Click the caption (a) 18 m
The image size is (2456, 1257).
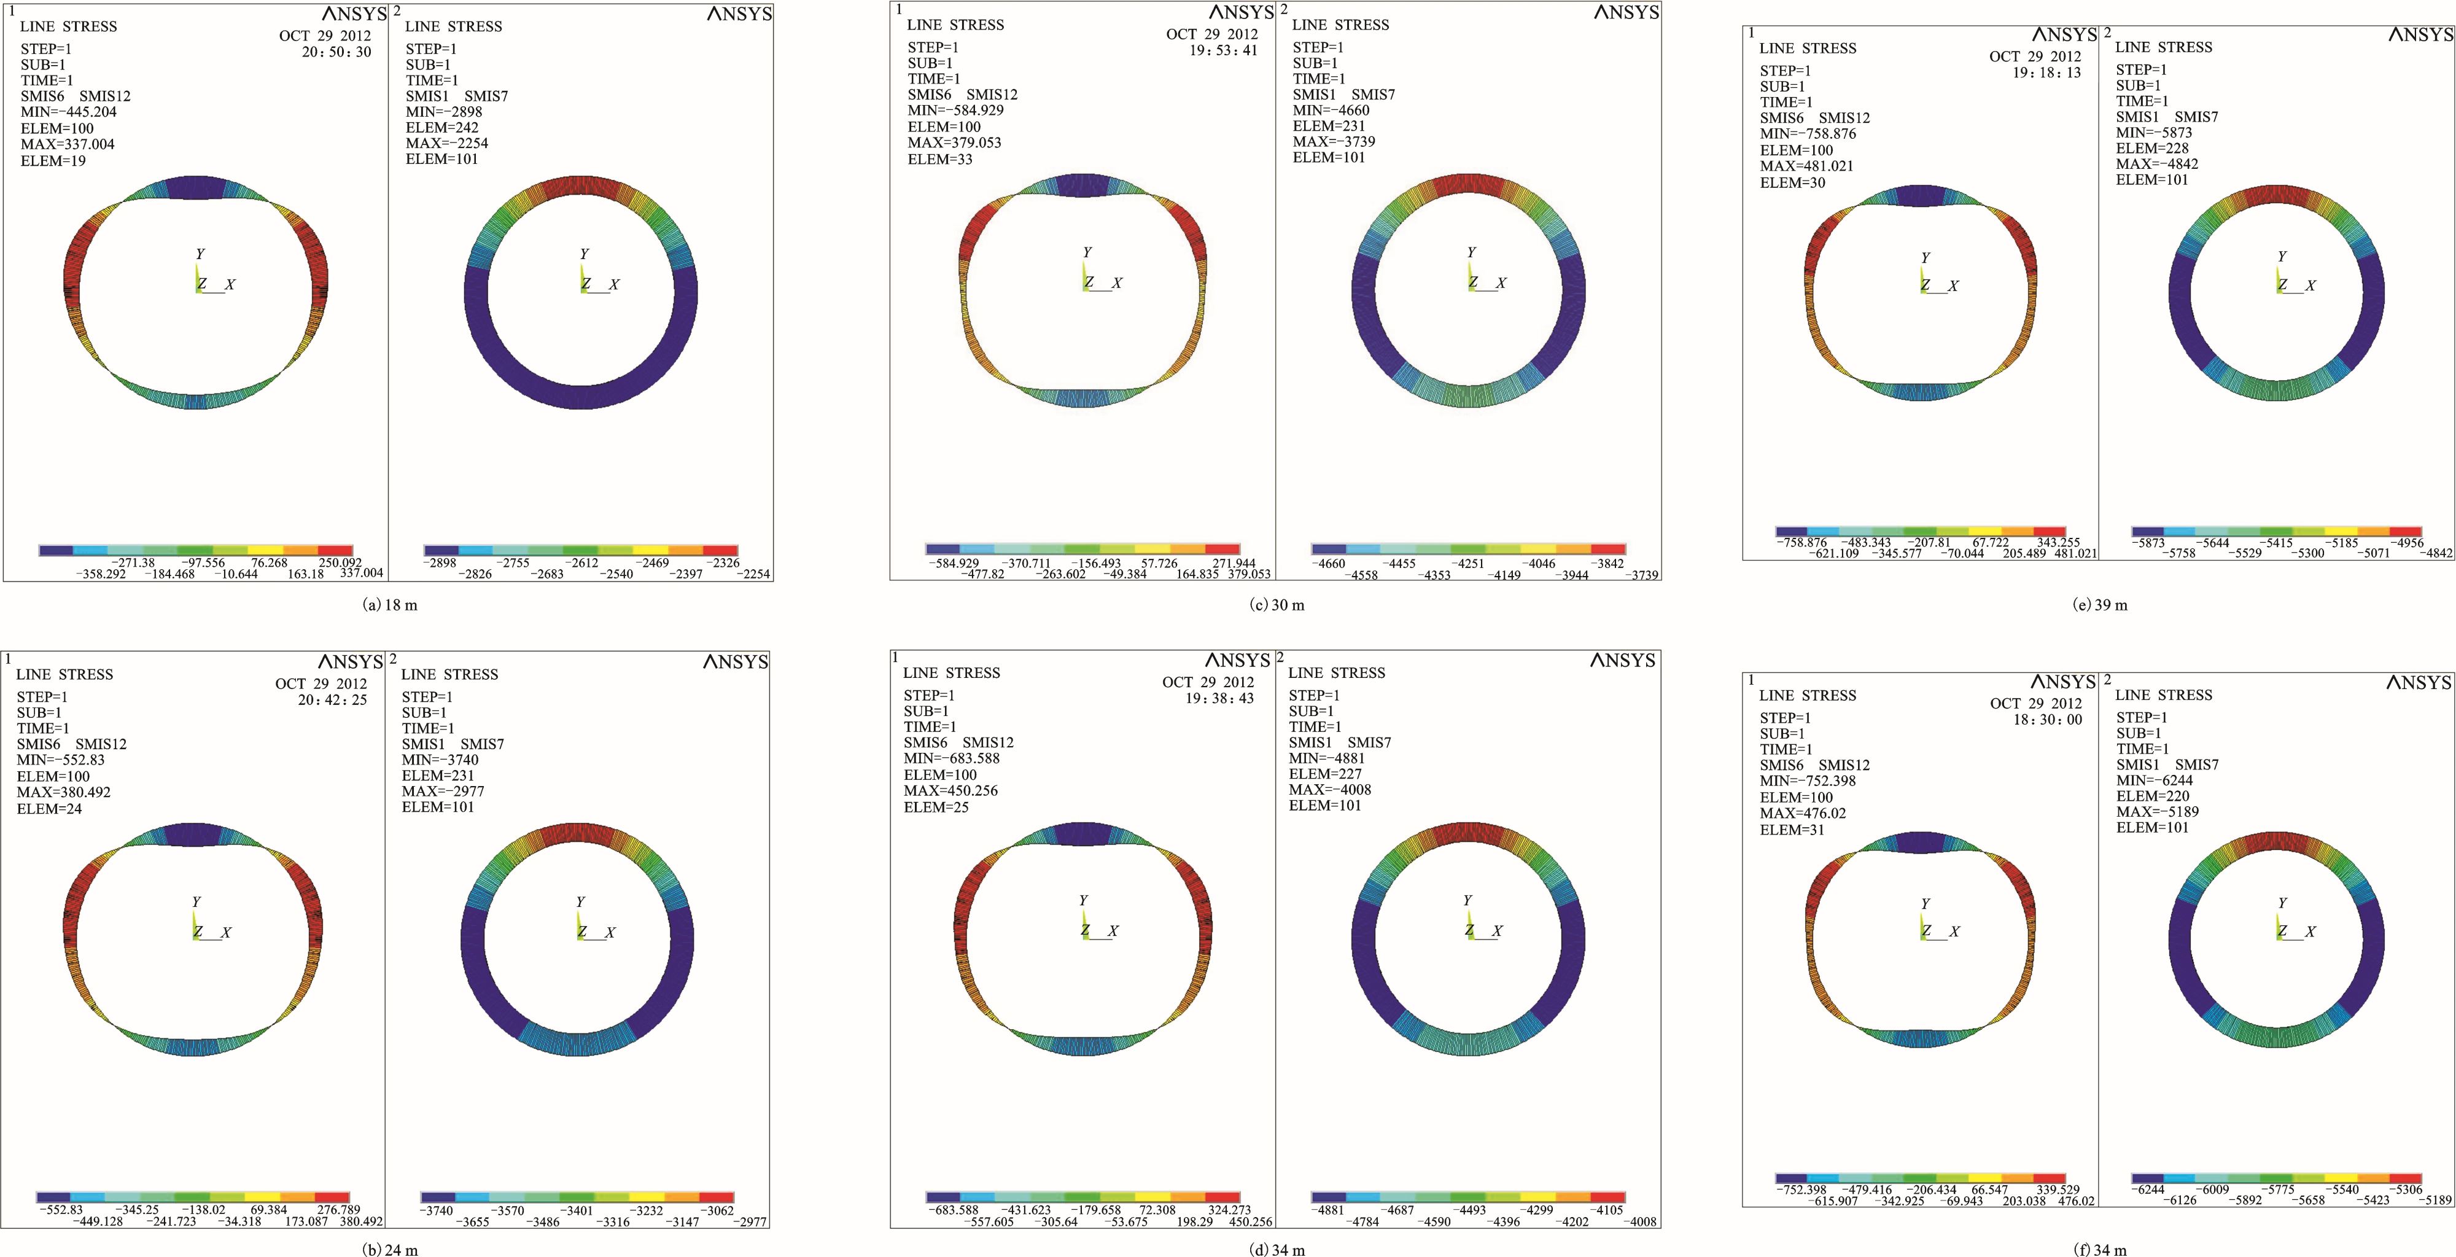[391, 605]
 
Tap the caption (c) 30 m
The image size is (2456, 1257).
[1277, 605]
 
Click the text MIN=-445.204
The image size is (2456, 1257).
[69, 112]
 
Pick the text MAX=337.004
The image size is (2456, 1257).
[69, 145]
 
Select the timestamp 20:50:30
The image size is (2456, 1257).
[336, 52]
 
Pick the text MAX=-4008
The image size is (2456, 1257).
[1330, 790]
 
